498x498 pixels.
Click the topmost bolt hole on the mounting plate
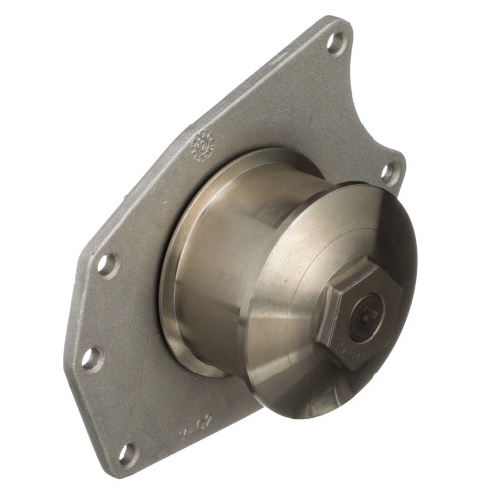336,42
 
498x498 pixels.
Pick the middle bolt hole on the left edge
92,357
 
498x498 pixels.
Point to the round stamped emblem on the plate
203,144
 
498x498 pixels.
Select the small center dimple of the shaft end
371,317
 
